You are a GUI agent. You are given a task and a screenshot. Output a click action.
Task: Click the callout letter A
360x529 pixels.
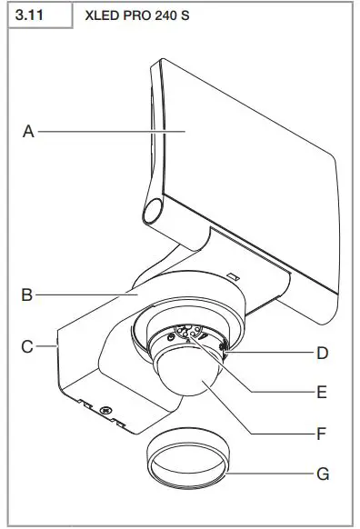pos(28,132)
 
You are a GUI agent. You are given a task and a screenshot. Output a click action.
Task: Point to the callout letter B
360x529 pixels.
pos(28,294)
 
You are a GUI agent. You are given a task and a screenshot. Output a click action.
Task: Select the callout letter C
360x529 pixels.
pos(28,346)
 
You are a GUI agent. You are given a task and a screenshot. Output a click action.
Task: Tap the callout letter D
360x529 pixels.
pos(323,352)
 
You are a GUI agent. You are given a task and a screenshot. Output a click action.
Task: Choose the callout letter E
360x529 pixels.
pos(323,393)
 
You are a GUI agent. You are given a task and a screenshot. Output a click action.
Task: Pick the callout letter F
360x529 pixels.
pos(323,434)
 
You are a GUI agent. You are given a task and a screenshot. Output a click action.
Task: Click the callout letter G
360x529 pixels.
pos(323,474)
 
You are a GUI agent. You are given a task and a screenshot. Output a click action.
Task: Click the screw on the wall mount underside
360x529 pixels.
pos(106,410)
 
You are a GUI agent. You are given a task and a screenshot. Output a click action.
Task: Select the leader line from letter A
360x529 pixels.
pos(109,132)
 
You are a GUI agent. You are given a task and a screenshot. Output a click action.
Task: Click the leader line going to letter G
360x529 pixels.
pos(273,474)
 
